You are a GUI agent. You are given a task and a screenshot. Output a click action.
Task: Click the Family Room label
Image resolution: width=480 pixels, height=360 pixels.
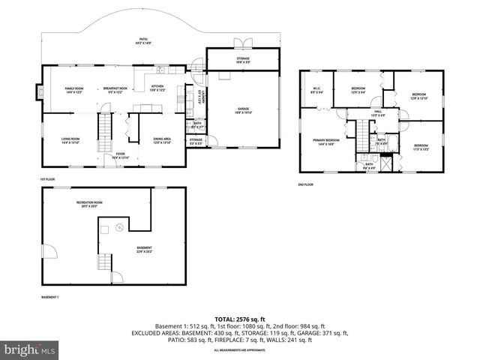[x=73, y=89]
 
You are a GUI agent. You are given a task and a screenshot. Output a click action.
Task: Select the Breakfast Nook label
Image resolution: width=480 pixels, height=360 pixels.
[x=115, y=89]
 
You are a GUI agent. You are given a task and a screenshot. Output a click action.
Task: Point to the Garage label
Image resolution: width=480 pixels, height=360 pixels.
[x=244, y=110]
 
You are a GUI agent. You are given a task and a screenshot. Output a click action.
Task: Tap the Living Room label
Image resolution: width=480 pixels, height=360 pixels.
[x=70, y=140]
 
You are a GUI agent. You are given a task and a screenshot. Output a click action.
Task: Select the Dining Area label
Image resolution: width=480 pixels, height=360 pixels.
[x=163, y=140]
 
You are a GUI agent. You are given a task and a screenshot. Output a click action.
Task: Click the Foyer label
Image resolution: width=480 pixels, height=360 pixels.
[x=120, y=157]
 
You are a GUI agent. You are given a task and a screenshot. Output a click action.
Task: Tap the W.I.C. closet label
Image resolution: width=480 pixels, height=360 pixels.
[x=316, y=91]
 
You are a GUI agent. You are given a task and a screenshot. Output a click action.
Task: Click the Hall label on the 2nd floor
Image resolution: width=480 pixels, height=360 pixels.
[x=378, y=114]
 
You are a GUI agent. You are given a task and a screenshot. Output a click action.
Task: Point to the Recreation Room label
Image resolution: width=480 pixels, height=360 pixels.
[x=88, y=204]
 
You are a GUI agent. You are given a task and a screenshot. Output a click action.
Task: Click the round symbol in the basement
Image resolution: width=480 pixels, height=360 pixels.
[x=105, y=228]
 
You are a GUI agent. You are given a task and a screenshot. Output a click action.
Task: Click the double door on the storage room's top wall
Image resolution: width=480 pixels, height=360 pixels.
[x=239, y=43]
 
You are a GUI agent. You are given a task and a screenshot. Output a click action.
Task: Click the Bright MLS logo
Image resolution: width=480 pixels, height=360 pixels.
[x=28, y=349]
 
